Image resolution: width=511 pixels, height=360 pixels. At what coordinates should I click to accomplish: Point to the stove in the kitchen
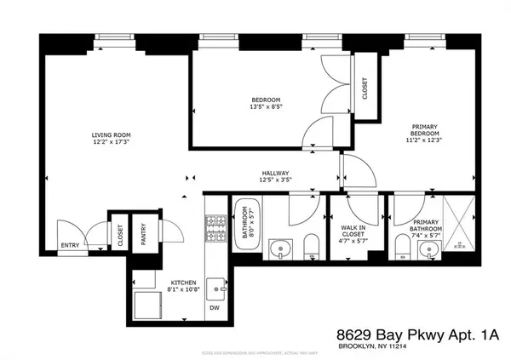click(x=214, y=226)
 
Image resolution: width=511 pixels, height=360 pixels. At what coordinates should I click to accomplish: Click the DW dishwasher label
click(x=215, y=309)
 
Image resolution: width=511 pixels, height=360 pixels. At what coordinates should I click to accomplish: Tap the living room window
click(x=108, y=37)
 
